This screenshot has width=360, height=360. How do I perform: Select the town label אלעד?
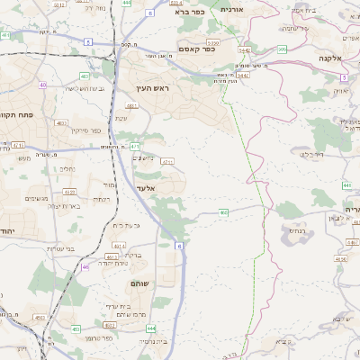[x=147, y=188]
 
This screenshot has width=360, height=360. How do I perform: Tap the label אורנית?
[x=256, y=9]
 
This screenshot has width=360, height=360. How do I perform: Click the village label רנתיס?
[x=294, y=230]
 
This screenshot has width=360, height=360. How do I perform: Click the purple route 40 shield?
[x=42, y=85]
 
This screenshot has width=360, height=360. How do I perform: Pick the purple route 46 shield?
[x=85, y=266]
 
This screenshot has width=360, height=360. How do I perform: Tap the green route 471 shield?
[x=135, y=145]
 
